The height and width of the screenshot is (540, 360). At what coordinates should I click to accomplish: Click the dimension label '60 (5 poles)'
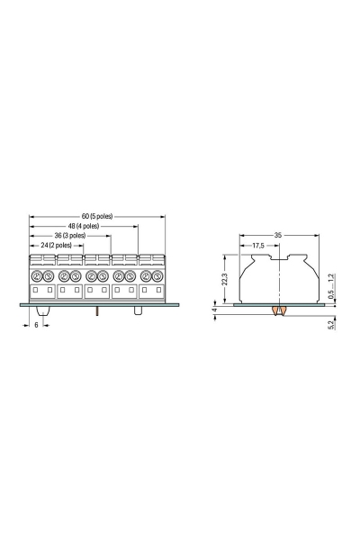97,216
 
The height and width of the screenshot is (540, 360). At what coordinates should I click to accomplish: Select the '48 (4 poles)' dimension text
84,226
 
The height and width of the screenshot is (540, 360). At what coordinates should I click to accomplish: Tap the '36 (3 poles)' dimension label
70,236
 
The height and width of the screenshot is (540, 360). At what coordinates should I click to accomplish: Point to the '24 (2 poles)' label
56,245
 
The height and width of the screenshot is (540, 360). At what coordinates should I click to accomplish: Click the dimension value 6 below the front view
36,325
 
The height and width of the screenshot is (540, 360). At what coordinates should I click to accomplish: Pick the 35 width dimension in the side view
278,235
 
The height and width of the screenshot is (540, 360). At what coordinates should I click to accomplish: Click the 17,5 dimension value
258,246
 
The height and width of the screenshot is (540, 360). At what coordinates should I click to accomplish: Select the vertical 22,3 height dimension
225,279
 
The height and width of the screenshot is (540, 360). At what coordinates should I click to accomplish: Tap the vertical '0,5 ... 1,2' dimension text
330,286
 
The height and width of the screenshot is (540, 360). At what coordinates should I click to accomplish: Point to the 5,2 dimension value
331,325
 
